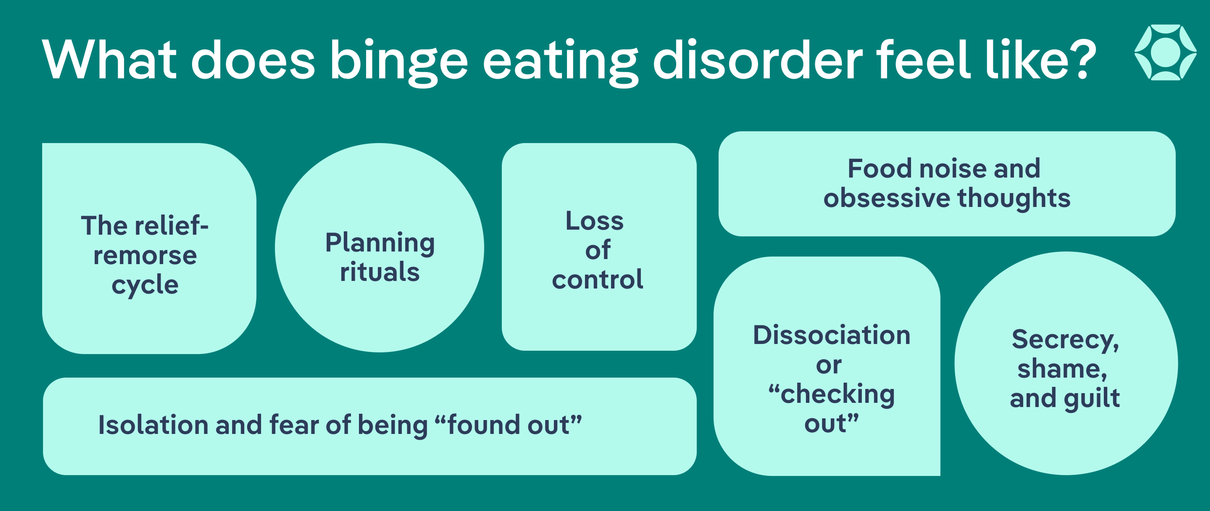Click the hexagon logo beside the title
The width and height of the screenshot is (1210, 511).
(x=1165, y=52)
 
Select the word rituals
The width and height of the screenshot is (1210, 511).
(x=379, y=272)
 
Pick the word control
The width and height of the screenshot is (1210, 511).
(x=597, y=280)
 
